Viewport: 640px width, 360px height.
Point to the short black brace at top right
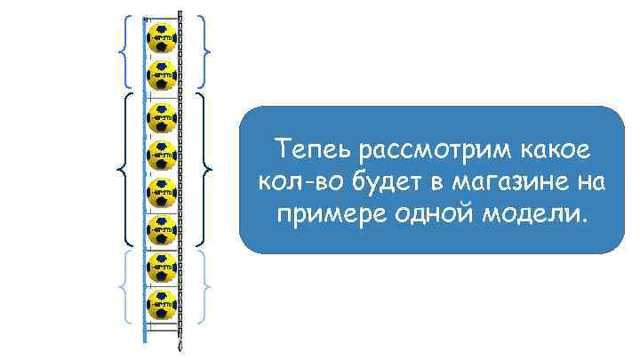[x=205, y=49]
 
